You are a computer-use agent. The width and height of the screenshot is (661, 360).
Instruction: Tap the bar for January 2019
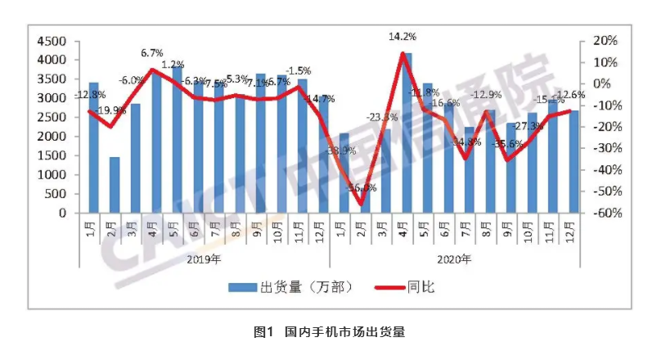tap(93, 147)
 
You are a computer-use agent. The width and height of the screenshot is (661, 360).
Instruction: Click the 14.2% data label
tap(402, 36)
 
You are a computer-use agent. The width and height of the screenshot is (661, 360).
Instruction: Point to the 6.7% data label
tap(152, 52)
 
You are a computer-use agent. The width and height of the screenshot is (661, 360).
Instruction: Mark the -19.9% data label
tap(112, 110)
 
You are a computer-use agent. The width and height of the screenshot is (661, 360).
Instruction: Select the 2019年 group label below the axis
tap(204, 259)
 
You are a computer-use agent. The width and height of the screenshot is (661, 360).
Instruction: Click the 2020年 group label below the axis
tap(454, 259)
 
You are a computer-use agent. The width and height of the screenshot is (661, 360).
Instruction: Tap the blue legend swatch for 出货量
tap(241, 286)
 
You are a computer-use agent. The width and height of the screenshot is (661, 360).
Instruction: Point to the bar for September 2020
tap(511, 168)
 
